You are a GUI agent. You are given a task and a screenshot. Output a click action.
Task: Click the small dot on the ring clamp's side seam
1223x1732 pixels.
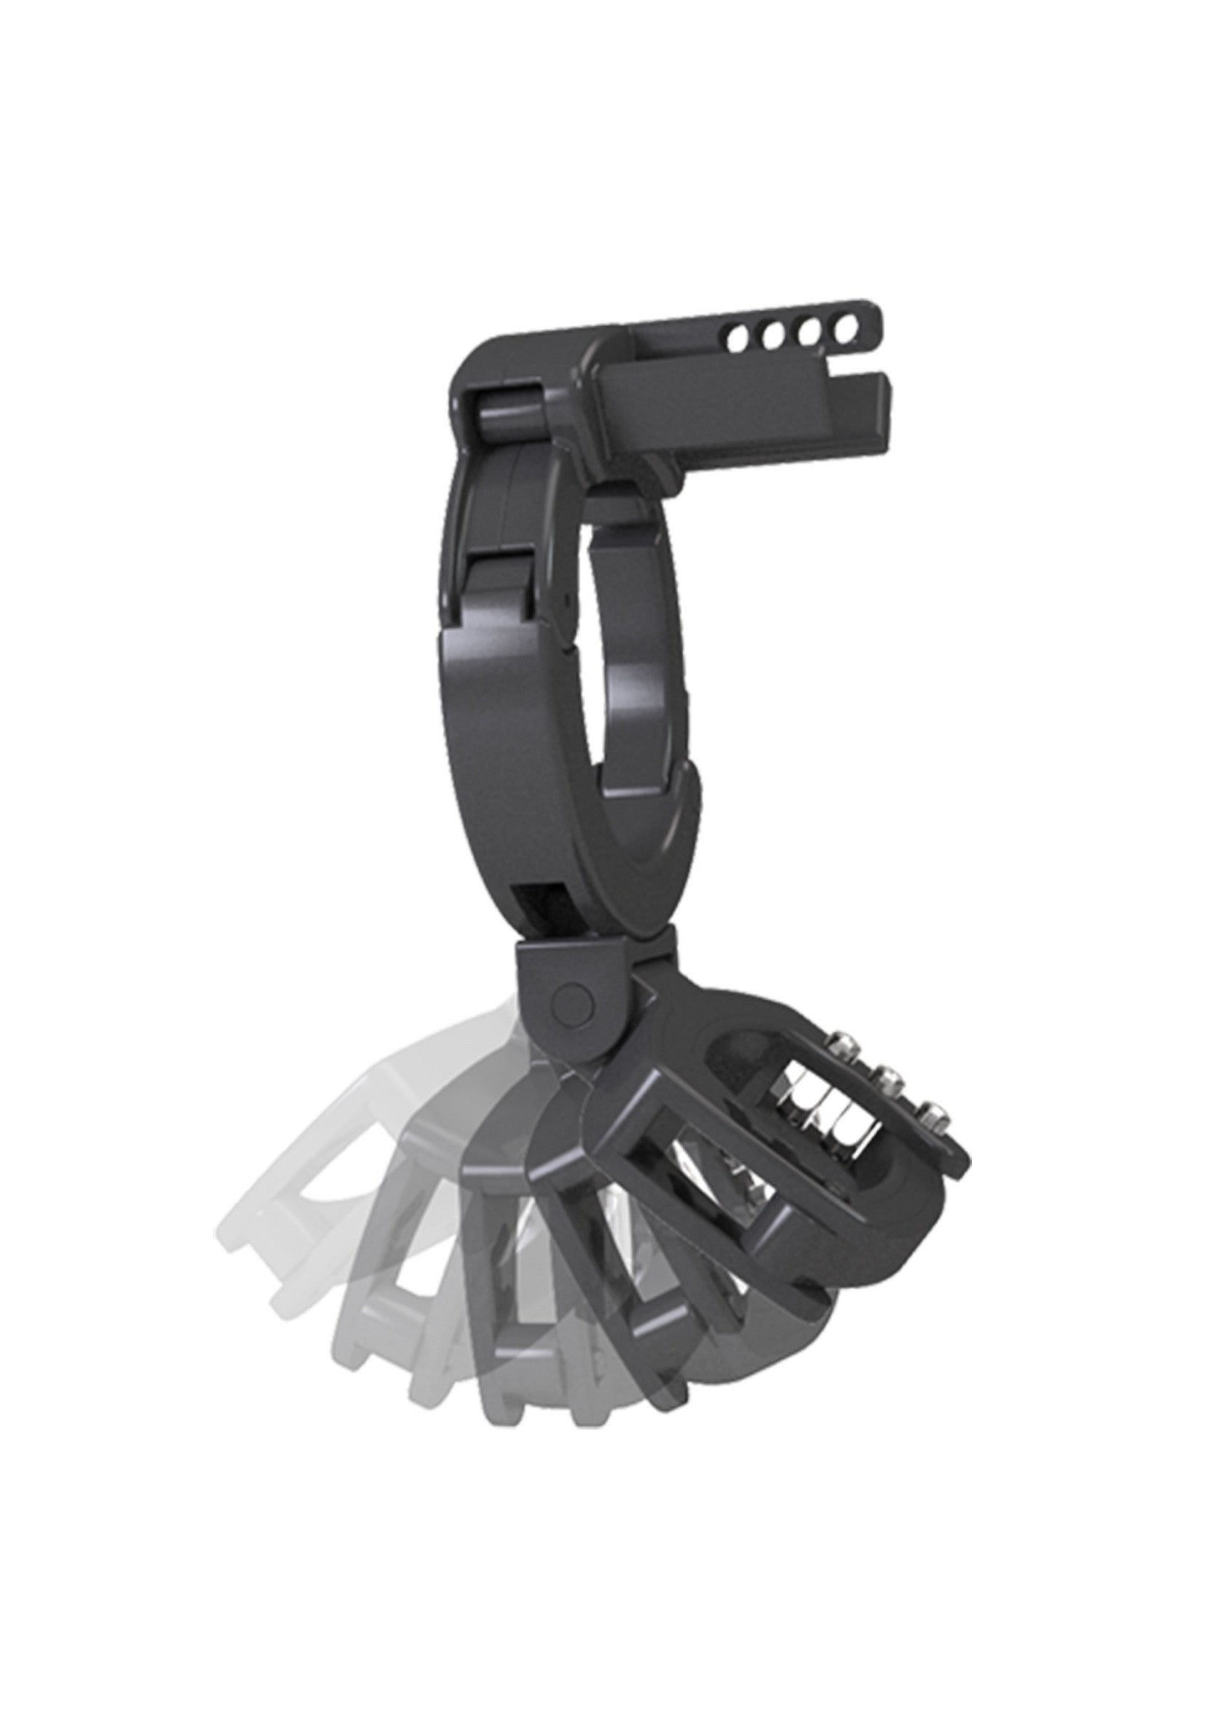[x=565, y=597]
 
